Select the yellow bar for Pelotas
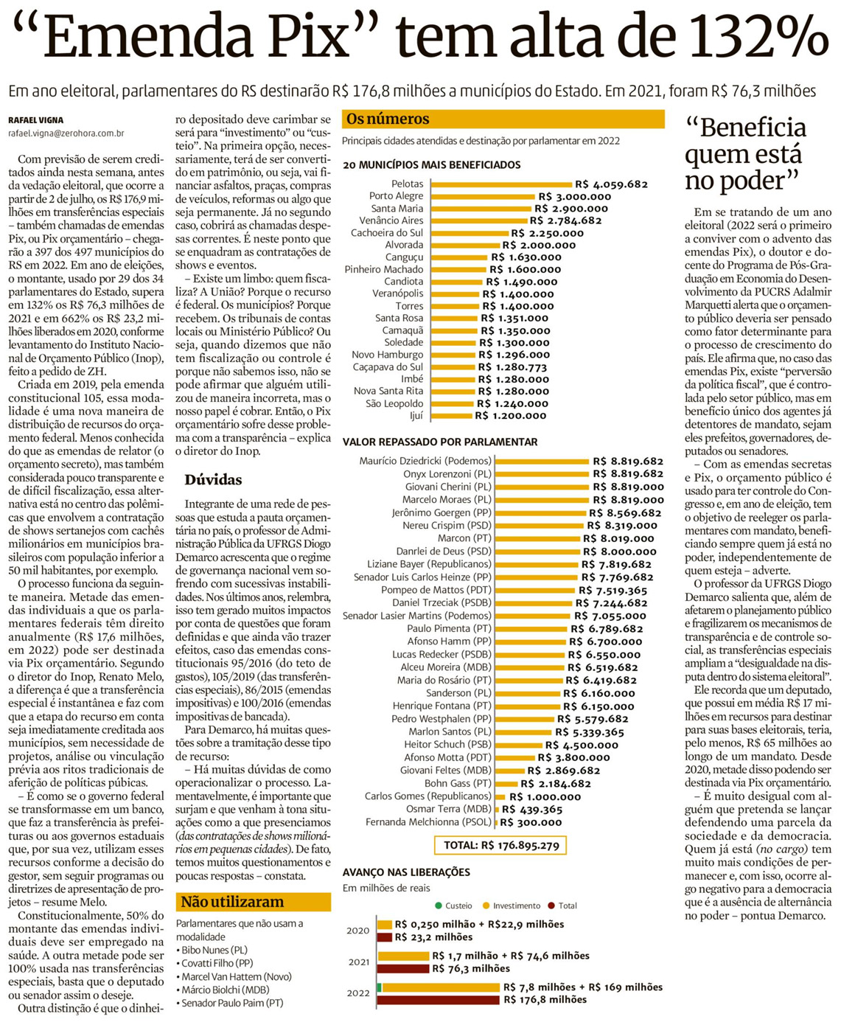coord(500,184)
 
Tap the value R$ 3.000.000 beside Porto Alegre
coord(574,197)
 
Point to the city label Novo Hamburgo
coord(387,355)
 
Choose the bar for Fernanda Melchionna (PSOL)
coord(496,822)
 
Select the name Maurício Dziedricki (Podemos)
coord(425,461)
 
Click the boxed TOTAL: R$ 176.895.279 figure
coord(501,845)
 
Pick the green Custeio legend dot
coord(439,905)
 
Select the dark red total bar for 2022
coord(439,1000)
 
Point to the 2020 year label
coord(357,931)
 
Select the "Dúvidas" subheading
coord(213,480)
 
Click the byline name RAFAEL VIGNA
coord(35,120)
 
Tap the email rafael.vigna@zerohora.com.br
coord(66,133)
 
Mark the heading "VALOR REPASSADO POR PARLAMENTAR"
coord(440,442)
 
